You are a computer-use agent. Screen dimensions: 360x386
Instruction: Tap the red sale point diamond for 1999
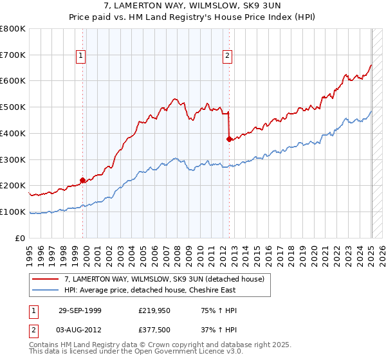(83, 181)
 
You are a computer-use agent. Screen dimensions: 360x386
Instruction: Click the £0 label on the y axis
(21, 238)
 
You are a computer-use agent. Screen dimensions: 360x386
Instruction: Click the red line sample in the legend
(46, 279)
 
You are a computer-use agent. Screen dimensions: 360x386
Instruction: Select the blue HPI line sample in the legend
(46, 290)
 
